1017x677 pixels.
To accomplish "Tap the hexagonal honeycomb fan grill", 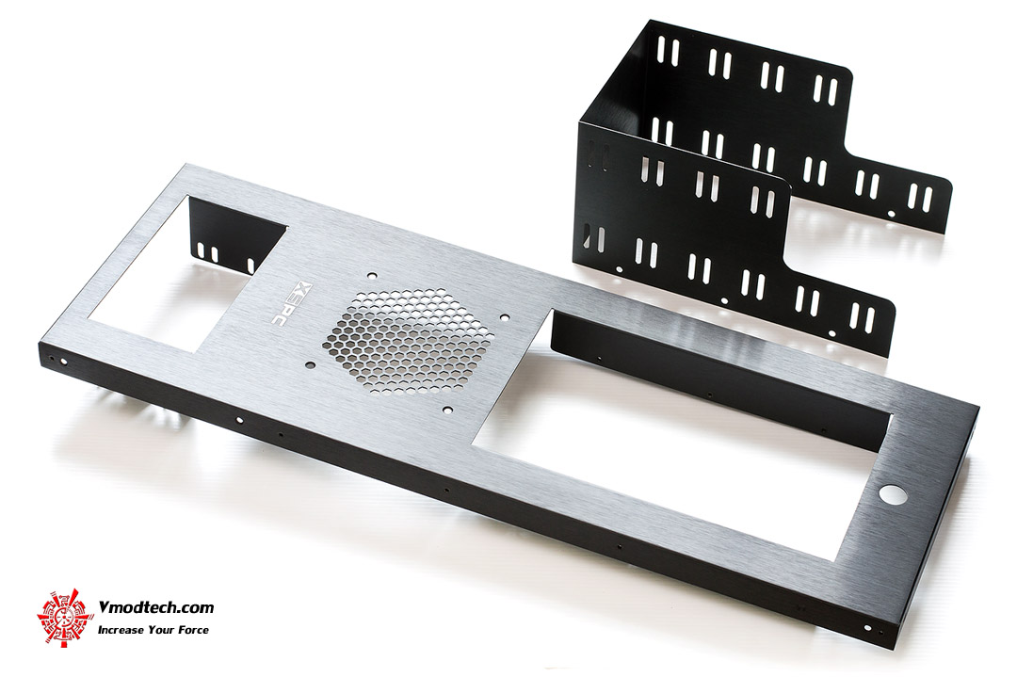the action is pos(401,341).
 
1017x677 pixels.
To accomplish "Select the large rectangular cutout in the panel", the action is pos(681,433).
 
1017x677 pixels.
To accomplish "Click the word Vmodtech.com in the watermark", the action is pos(155,607).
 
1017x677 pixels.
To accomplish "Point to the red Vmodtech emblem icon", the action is pos(65,617).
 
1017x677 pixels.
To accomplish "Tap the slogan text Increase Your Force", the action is pos(153,630).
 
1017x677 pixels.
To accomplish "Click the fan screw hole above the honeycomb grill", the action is pos(371,275).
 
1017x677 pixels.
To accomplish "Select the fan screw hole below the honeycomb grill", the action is pos(447,410).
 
